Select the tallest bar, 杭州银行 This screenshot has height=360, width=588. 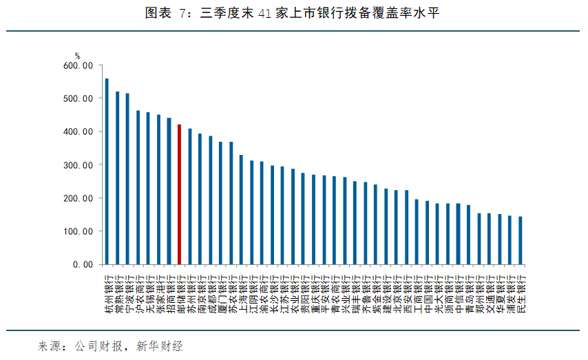107,171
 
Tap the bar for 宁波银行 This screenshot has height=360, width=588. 127,179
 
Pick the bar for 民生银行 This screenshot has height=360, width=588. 520,240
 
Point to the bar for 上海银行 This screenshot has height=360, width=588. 241,210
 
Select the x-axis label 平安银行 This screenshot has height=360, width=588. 325,292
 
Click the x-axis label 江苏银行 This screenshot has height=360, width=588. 284,292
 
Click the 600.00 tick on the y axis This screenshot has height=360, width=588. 78,65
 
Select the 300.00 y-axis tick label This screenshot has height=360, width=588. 78,165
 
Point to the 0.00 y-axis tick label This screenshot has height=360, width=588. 82,264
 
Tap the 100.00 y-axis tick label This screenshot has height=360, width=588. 78,231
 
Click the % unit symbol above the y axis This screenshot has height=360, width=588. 78,56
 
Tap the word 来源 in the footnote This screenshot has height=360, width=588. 50,346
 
